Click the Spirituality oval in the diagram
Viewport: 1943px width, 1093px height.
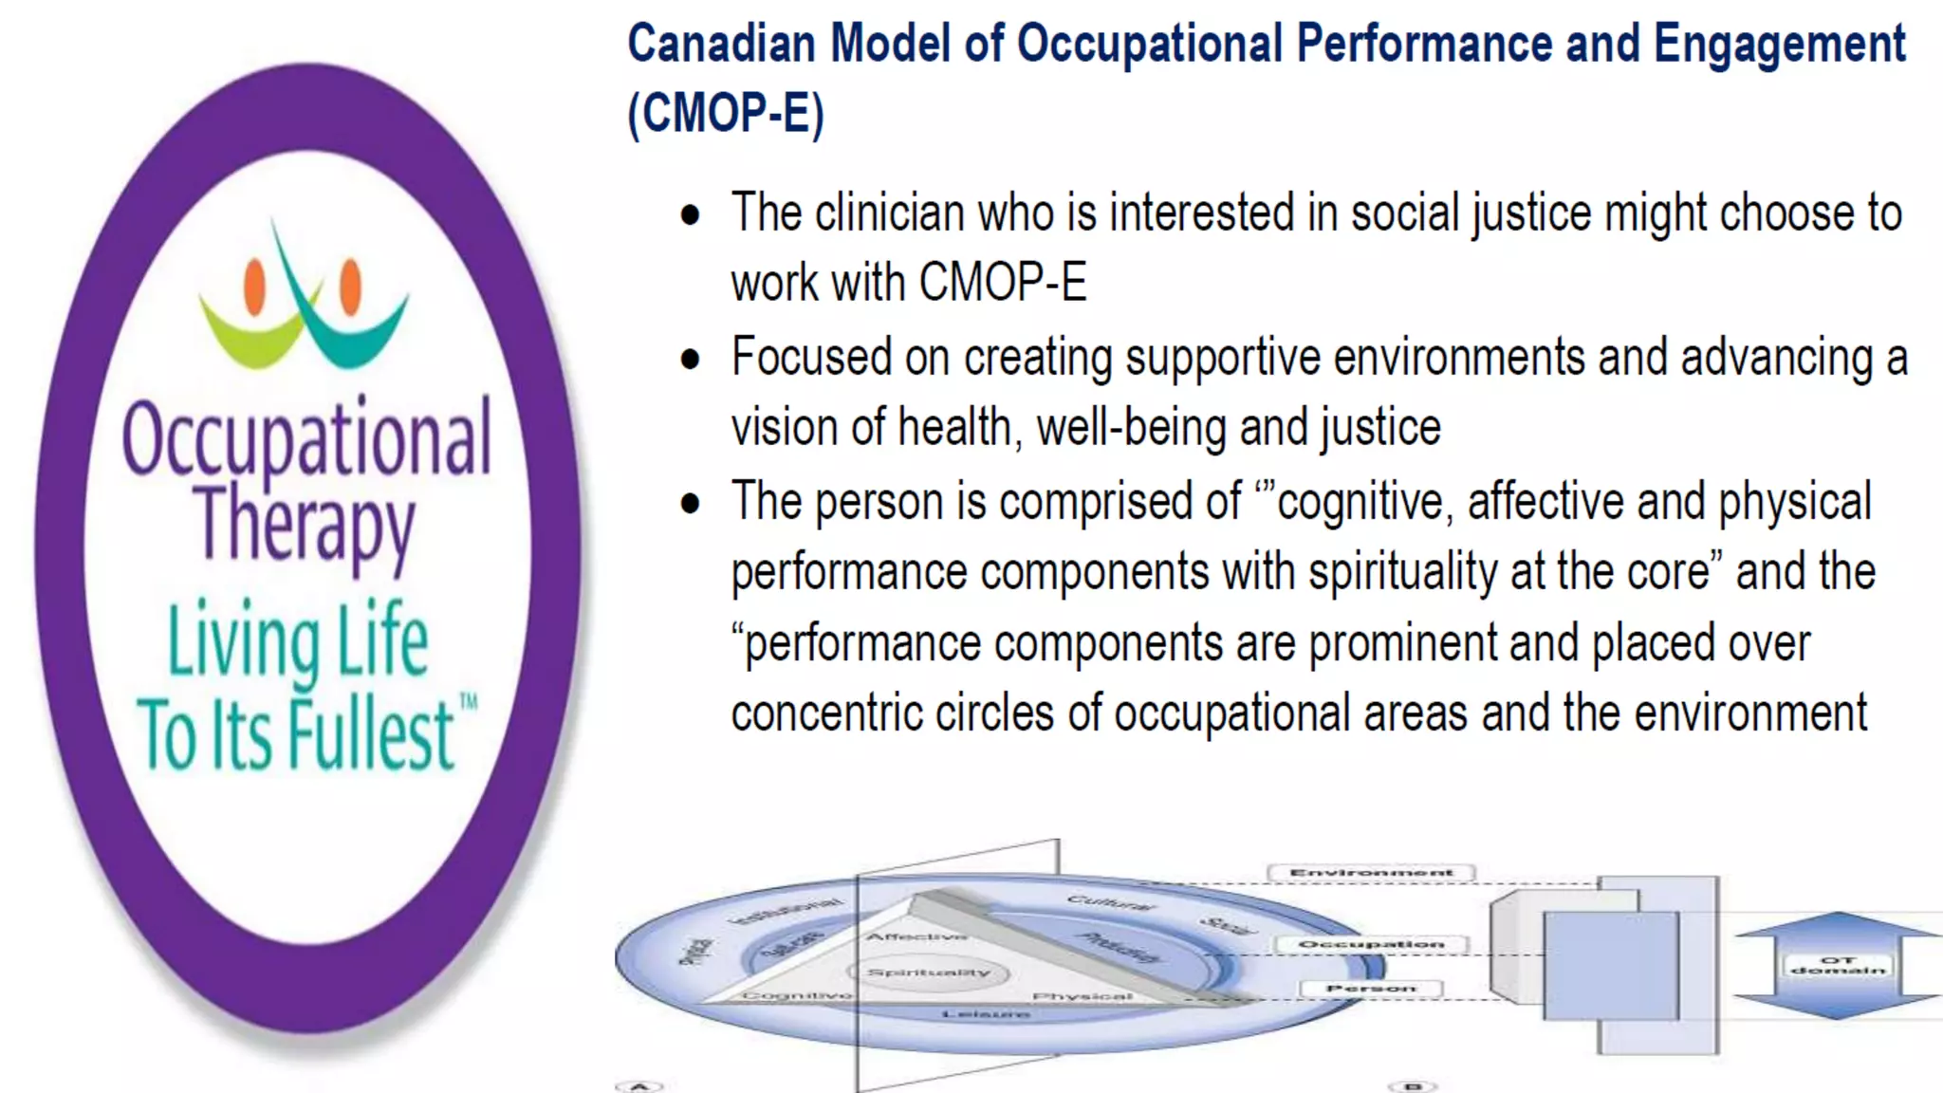coord(929,973)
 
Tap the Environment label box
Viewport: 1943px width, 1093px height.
coord(1371,873)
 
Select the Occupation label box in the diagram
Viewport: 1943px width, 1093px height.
coord(1371,945)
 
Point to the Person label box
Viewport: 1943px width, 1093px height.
coord(1370,989)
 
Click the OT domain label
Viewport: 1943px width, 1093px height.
coord(1838,966)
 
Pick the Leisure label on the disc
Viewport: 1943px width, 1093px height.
coord(986,1014)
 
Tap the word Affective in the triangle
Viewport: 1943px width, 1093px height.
coord(916,936)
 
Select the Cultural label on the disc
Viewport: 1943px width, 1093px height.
coord(1111,902)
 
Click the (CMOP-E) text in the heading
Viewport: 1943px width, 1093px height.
coord(726,113)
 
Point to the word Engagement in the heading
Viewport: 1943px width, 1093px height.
coord(1780,44)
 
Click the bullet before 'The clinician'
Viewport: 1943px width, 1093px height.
coord(691,215)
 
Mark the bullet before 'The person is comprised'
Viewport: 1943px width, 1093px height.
coord(691,504)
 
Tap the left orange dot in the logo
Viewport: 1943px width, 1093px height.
coord(254,286)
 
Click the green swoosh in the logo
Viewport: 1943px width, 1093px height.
coord(249,338)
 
